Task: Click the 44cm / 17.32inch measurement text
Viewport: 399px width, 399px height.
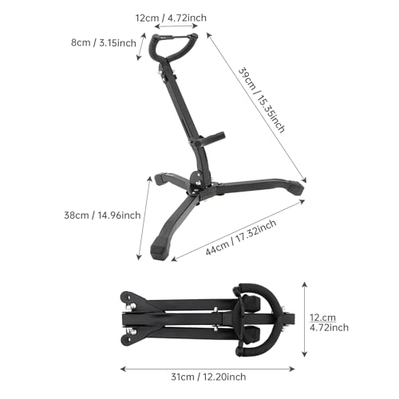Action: [x=241, y=239]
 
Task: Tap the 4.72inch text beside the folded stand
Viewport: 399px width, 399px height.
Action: [x=327, y=327]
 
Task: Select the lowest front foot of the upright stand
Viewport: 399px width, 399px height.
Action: [x=159, y=254]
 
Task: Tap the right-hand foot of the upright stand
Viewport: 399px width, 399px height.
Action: [x=296, y=188]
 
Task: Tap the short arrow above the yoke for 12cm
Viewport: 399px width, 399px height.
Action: [x=175, y=27]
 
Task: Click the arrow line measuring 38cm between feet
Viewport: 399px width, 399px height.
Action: [x=144, y=215]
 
